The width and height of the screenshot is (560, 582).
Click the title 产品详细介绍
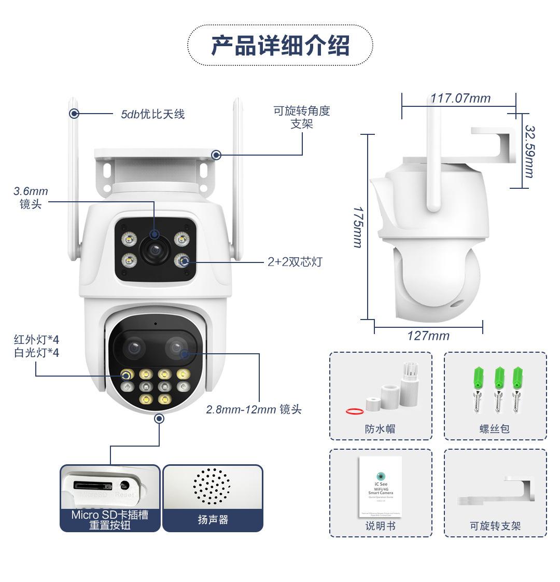[280, 45]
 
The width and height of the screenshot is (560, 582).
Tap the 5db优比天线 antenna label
[152, 114]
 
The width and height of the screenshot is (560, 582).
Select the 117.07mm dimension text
[460, 98]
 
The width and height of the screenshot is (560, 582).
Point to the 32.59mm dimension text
[529, 151]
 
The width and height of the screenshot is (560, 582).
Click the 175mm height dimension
[358, 227]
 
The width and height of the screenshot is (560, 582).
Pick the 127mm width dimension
[428, 336]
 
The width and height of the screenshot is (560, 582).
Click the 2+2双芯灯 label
[295, 262]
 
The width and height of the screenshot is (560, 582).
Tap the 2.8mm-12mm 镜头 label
[254, 409]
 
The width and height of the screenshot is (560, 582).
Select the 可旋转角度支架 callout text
[302, 117]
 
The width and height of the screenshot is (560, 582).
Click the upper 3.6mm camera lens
[154, 251]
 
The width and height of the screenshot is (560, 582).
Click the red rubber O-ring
[354, 411]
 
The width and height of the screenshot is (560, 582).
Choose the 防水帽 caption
[380, 428]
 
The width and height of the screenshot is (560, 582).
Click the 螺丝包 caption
[495, 428]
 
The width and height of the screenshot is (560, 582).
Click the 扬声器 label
[213, 520]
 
